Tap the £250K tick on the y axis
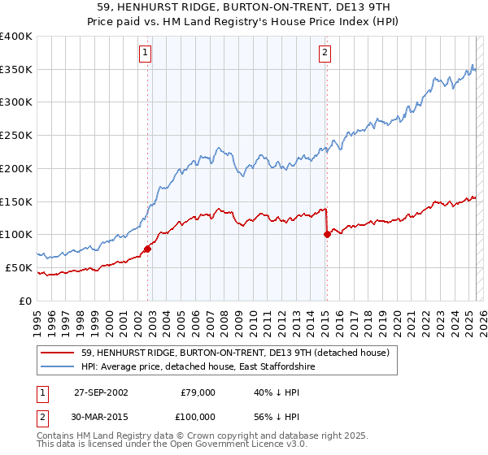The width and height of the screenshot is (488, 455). click(15, 135)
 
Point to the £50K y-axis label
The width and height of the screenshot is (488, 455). click(18, 267)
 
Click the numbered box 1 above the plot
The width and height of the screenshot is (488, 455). click(146, 54)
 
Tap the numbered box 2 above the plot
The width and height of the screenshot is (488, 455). click(325, 54)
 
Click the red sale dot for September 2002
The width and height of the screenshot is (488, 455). click(148, 249)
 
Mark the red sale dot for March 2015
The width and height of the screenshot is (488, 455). click(327, 234)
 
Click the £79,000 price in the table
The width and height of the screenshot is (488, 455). click(197, 392)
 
